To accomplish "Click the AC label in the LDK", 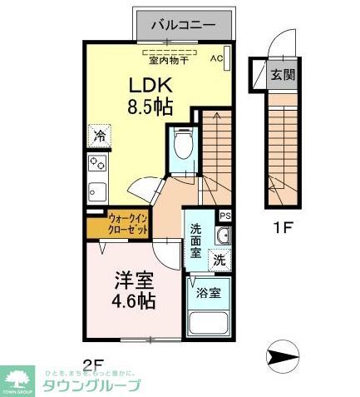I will click(216, 58).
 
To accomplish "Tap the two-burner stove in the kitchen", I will click(98, 162).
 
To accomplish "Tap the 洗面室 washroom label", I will click(195, 241).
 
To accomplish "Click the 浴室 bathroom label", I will click(209, 292).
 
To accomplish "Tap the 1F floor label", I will click(282, 226).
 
